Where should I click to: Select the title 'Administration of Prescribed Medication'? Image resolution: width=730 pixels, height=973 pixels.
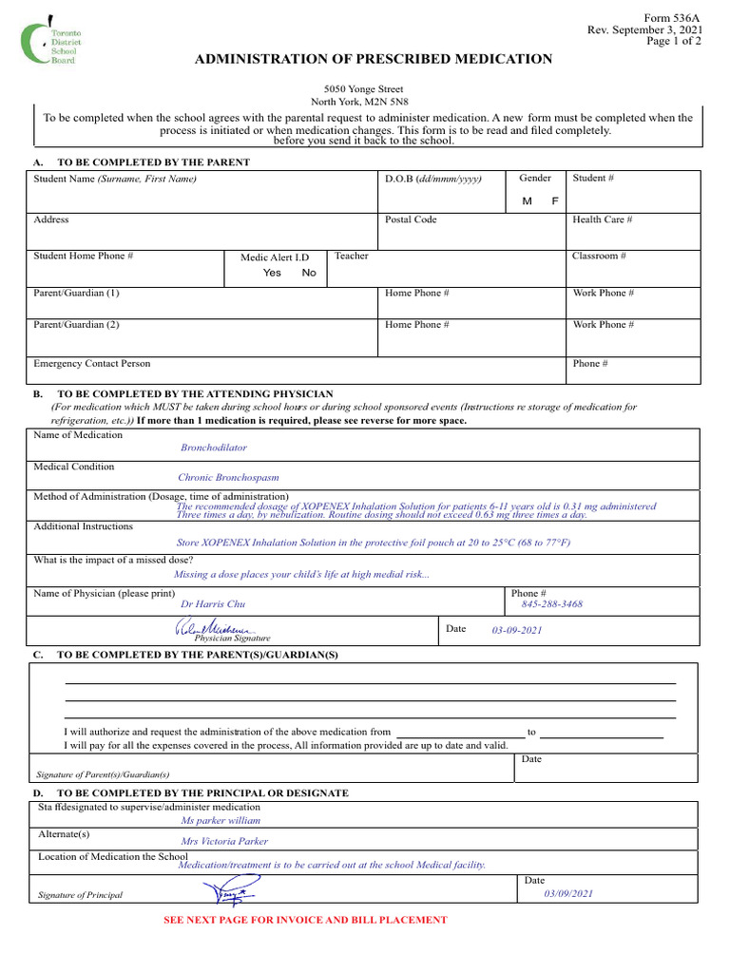click(x=373, y=60)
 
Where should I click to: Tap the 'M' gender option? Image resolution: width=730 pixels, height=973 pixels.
click(x=527, y=201)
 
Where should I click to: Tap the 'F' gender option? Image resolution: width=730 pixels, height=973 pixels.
click(x=555, y=201)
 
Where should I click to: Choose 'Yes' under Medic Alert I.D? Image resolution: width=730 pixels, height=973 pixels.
click(x=272, y=273)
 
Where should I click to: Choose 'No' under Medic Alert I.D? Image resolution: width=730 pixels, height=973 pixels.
click(x=309, y=273)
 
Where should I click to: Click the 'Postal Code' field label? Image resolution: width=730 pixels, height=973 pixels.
click(x=411, y=219)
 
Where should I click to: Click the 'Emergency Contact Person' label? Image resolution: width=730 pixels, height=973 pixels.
click(x=92, y=363)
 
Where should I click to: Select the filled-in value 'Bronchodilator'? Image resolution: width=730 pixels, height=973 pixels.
click(x=214, y=447)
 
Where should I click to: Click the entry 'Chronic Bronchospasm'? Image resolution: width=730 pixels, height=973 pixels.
click(x=228, y=478)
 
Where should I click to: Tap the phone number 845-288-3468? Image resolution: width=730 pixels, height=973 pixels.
click(x=552, y=603)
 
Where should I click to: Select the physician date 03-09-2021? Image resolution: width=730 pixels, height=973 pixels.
click(x=517, y=630)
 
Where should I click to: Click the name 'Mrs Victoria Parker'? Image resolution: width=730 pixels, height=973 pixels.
click(x=224, y=841)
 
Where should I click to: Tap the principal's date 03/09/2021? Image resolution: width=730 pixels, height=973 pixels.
click(x=568, y=893)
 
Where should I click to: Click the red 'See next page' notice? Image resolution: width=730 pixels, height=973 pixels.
click(x=305, y=920)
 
